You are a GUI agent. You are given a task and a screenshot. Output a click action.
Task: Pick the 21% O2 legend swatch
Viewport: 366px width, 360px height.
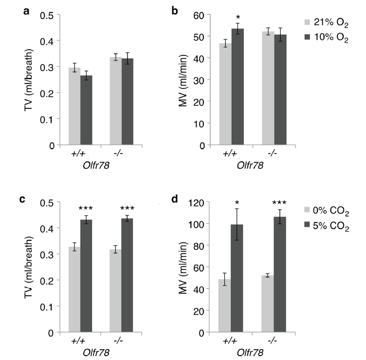tap(307, 22)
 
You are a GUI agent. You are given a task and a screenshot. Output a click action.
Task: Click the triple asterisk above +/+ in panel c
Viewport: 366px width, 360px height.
tap(86, 209)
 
